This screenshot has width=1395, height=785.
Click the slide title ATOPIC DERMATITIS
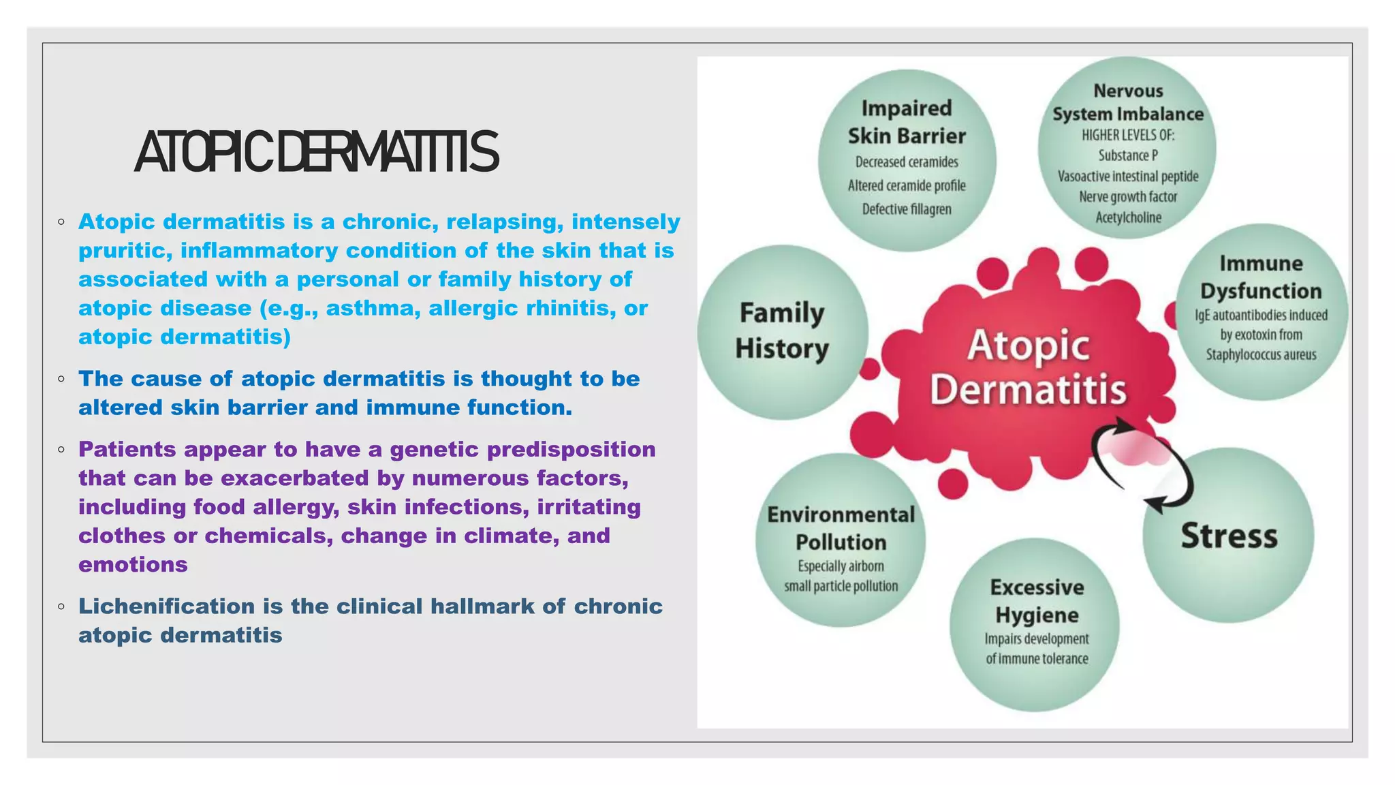pyautogui.click(x=317, y=153)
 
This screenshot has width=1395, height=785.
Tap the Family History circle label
pyautogui.click(x=782, y=331)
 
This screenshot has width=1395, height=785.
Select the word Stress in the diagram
pyautogui.click(x=1229, y=536)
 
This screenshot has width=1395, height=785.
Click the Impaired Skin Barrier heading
pyautogui.click(x=907, y=122)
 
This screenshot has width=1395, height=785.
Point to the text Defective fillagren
pyautogui.click(x=907, y=209)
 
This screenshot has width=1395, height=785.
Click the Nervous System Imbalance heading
pyautogui.click(x=1128, y=102)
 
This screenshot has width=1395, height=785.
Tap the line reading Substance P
pyautogui.click(x=1128, y=155)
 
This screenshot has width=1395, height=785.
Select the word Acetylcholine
pyautogui.click(x=1128, y=217)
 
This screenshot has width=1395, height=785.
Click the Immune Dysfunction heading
pyautogui.click(x=1261, y=277)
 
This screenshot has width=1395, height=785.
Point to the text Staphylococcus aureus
pyautogui.click(x=1261, y=355)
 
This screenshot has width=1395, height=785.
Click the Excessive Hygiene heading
pyautogui.click(x=1037, y=601)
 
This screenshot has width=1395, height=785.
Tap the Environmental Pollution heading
pyautogui.click(x=841, y=528)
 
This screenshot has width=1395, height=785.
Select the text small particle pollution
pyautogui.click(x=841, y=586)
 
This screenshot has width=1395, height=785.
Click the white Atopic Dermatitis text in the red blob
pyautogui.click(x=1028, y=368)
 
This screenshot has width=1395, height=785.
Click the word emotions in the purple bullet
pyautogui.click(x=133, y=565)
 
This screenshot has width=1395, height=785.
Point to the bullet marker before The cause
pyautogui.click(x=61, y=379)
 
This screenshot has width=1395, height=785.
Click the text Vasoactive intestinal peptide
pyautogui.click(x=1128, y=176)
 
